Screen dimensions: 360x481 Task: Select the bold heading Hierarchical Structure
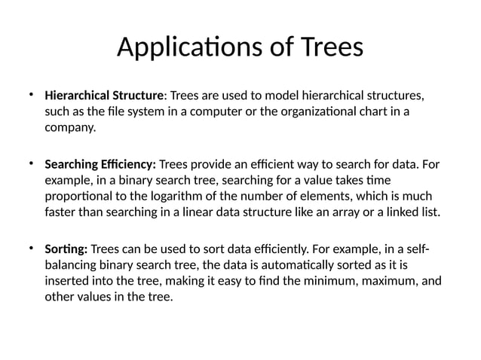[x=105, y=96]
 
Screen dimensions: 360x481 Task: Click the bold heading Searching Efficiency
[x=100, y=164]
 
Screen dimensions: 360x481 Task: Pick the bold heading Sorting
[x=66, y=249]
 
